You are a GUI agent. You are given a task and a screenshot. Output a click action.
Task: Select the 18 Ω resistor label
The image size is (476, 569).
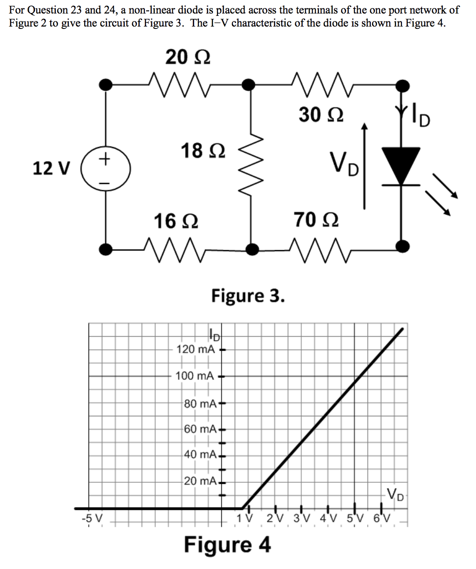click(x=203, y=151)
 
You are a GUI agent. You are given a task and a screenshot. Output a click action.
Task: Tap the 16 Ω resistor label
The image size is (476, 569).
click(x=176, y=220)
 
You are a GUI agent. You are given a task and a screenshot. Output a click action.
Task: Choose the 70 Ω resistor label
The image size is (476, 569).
click(x=316, y=219)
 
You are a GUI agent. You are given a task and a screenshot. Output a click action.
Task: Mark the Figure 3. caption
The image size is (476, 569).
click(x=247, y=295)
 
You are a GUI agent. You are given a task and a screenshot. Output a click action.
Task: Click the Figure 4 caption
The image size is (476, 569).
click(x=227, y=544)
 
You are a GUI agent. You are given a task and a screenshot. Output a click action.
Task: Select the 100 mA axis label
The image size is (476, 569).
click(x=195, y=375)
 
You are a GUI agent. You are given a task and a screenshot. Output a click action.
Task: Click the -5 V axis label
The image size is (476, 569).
click(x=88, y=517)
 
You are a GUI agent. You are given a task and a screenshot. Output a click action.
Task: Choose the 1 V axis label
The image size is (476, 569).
click(x=244, y=518)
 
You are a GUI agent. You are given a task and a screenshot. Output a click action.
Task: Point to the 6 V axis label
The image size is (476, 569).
click(x=383, y=518)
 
